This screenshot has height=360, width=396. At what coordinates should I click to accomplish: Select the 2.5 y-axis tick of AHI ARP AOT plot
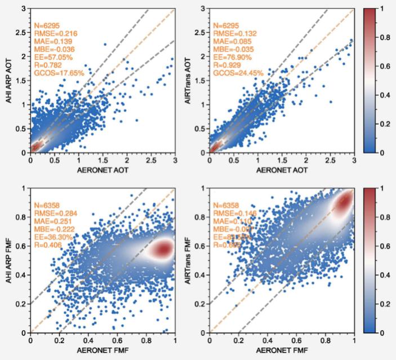(21, 33)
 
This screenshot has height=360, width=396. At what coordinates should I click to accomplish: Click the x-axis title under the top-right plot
(282, 170)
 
